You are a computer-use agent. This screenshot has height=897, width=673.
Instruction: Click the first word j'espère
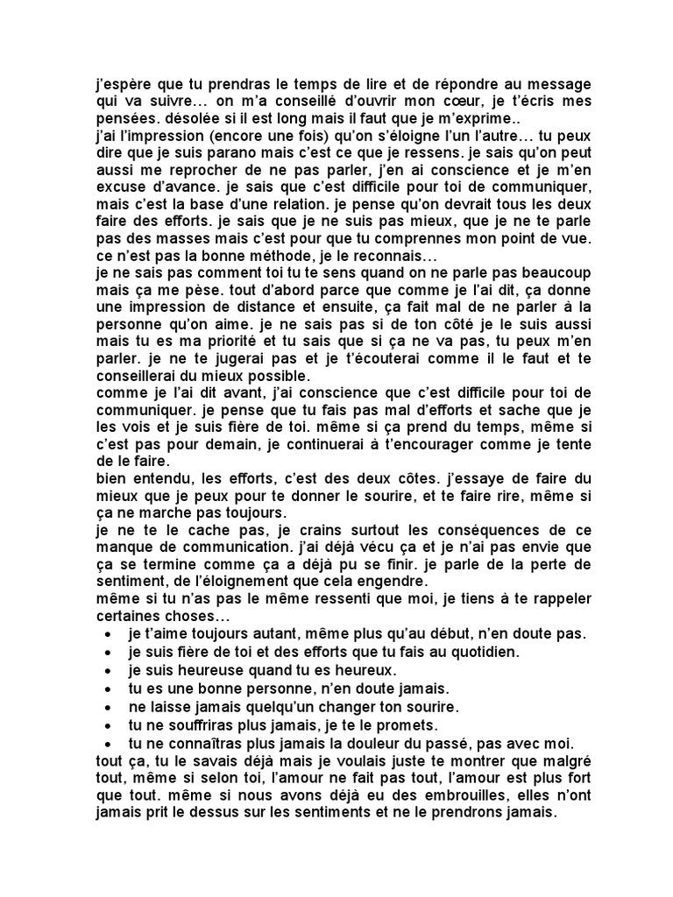coord(122,84)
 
